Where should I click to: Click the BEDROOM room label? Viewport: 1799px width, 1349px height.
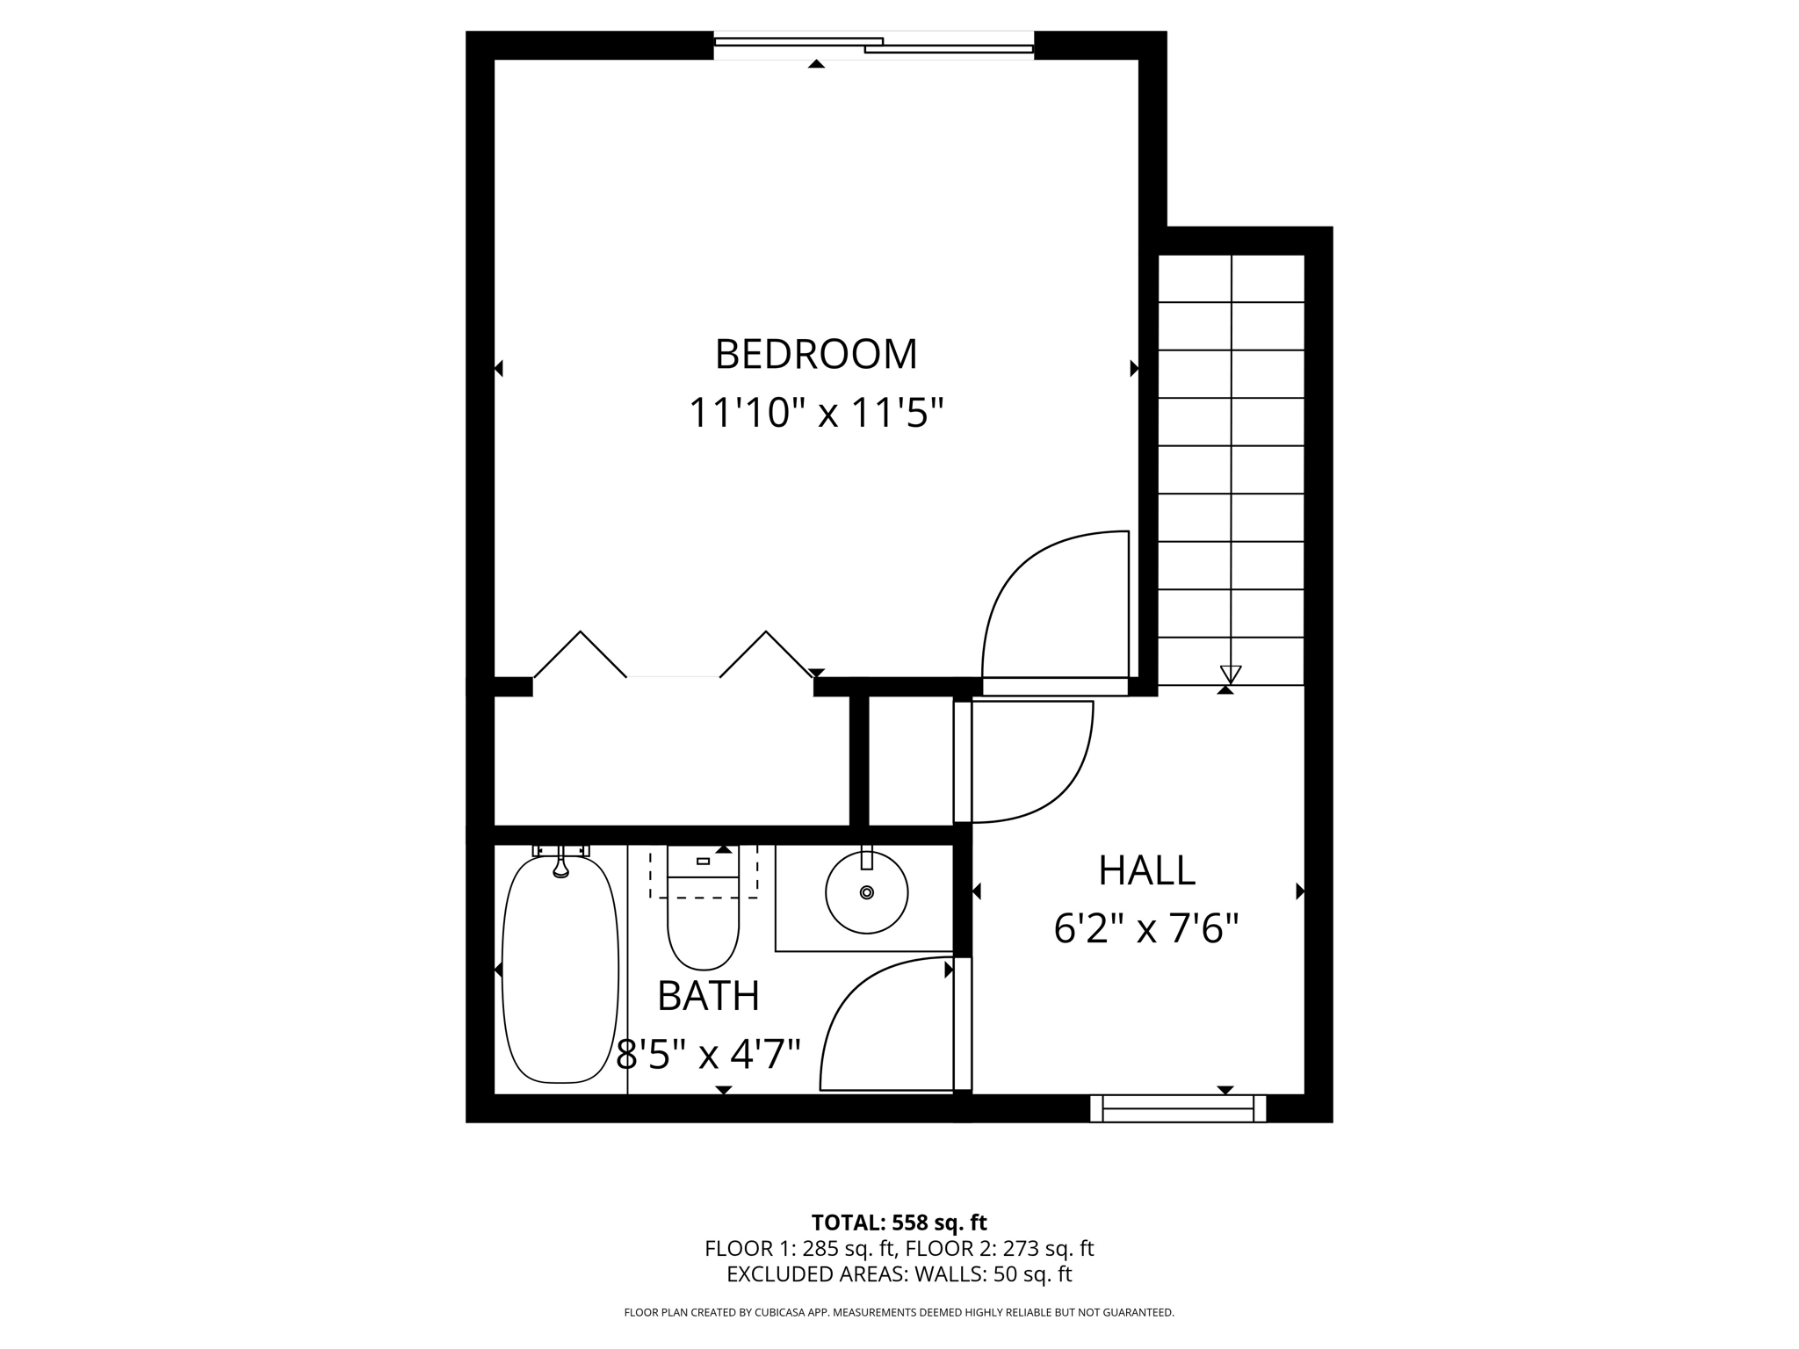(815, 354)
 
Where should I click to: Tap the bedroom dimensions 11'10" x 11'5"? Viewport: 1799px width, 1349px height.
(815, 413)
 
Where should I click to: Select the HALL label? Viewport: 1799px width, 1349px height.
(1146, 870)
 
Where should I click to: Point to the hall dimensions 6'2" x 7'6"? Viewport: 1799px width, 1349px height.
(1146, 928)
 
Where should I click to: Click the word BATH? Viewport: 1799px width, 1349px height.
(708, 996)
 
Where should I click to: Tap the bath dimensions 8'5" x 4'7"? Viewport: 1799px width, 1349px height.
(708, 1054)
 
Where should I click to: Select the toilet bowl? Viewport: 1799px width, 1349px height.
(703, 931)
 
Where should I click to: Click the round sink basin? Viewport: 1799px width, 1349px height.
(866, 892)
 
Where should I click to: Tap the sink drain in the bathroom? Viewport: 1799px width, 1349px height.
(867, 892)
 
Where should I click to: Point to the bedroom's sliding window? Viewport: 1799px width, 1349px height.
(873, 45)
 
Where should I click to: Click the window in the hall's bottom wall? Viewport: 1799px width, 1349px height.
(1177, 1108)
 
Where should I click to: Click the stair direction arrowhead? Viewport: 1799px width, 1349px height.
(1230, 674)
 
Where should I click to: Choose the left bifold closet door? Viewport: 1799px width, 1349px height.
(580, 654)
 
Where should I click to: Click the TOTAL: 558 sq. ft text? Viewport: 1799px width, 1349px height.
(899, 1223)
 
